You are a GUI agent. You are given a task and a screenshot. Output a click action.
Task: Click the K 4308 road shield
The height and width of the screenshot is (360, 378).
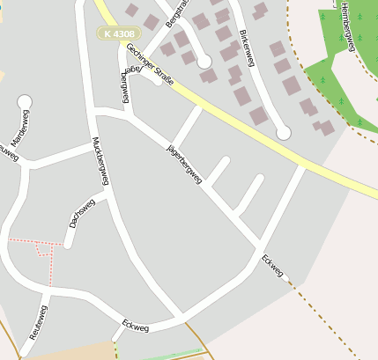pos(118,33)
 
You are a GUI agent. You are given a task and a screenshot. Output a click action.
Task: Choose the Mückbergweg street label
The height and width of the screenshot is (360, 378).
pos(100,161)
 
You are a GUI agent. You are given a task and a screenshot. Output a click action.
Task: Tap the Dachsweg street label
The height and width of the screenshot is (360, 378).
pos(82,214)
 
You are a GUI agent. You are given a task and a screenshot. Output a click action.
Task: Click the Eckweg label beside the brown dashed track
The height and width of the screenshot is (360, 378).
pos(272,266)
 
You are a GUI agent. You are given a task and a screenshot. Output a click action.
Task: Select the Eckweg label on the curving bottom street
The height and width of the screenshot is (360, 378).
pos(137,326)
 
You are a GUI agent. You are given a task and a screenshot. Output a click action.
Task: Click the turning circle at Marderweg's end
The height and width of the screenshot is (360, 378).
pos(25,103)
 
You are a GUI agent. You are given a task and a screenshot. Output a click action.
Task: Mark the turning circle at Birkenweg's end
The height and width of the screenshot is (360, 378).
pos(283,132)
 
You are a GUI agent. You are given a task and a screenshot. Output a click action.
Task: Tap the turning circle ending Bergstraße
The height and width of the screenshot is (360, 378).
pos(204,62)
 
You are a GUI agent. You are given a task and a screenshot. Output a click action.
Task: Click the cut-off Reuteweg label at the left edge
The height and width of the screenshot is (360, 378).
pos(7,152)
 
